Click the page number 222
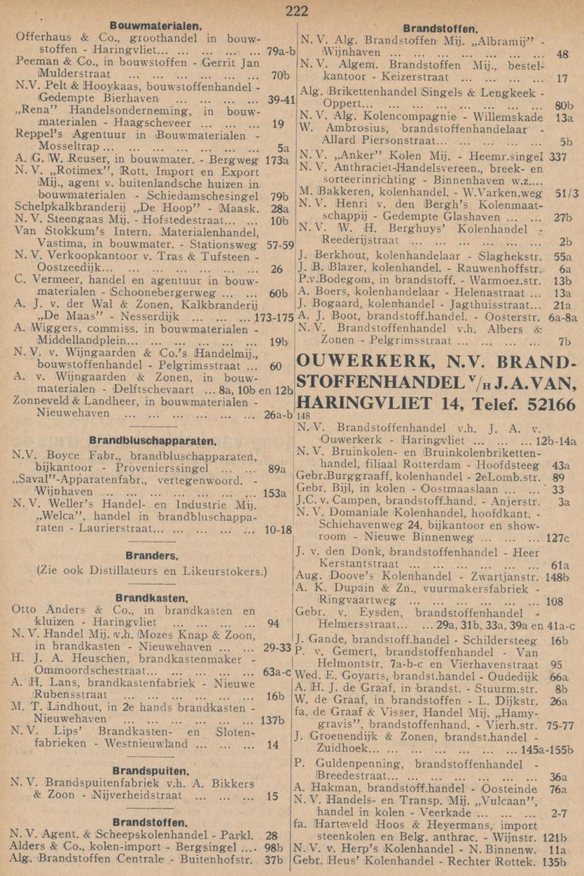point(296,10)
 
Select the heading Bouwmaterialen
point(155,25)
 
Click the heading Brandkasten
point(152,598)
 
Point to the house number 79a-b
point(281,49)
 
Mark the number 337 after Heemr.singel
point(557,157)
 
